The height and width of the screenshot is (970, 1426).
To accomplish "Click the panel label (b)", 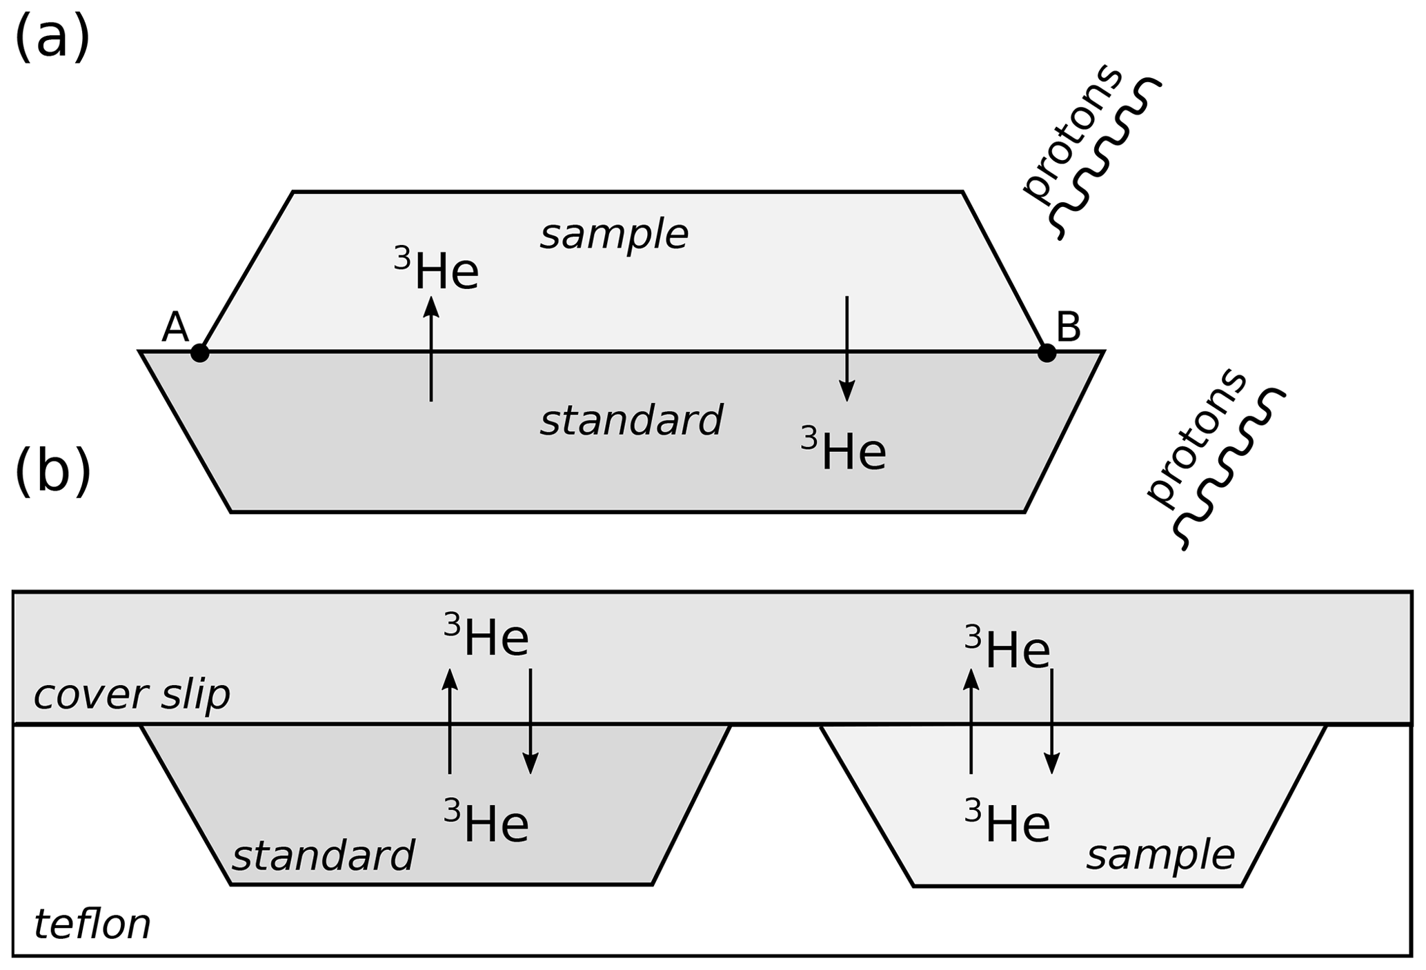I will click(x=52, y=471).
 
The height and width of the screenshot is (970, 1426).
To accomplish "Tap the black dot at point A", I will click(x=199, y=353).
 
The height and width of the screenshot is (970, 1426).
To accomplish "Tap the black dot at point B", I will click(x=1047, y=353).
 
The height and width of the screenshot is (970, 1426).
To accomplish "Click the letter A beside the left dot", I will click(x=175, y=327).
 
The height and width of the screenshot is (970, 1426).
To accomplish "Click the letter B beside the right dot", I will click(x=1068, y=327).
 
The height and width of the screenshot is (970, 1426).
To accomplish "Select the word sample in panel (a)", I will click(x=614, y=235).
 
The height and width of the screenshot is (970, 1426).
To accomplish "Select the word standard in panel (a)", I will click(x=631, y=420).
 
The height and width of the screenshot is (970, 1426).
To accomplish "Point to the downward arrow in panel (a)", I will click(x=846, y=348).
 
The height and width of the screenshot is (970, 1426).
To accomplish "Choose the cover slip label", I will click(x=132, y=694).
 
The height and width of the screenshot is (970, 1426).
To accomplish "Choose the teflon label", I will click(x=92, y=924).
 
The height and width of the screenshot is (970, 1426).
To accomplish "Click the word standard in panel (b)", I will click(x=323, y=855).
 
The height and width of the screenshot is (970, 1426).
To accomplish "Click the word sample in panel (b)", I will click(x=1160, y=855).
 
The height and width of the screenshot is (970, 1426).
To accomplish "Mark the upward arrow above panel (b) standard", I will click(x=450, y=721).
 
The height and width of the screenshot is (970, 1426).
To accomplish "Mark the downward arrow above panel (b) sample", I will click(x=1051, y=721).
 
